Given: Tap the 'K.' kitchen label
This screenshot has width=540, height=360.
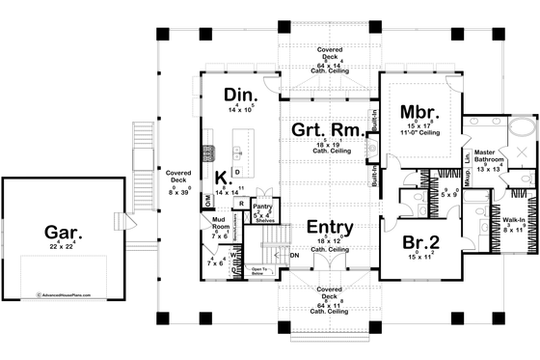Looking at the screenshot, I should coord(221,179).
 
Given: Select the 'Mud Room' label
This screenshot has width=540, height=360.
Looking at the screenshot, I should coord(219,224).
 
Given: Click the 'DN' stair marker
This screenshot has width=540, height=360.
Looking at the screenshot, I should coord(294,255).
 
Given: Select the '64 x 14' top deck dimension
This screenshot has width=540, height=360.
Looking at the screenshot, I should coord(326,67).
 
